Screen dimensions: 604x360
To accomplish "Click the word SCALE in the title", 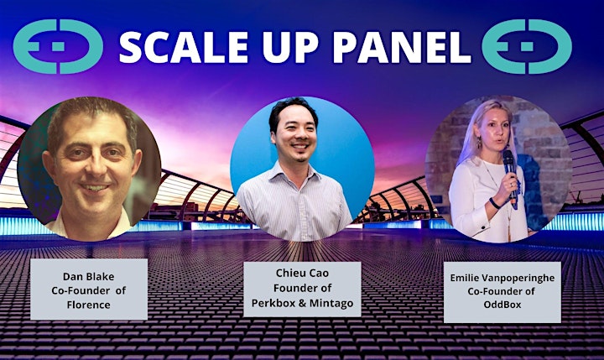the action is click(x=184, y=47).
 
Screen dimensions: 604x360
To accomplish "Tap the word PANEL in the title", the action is click(x=402, y=47).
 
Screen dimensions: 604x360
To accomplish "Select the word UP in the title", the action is click(x=291, y=47).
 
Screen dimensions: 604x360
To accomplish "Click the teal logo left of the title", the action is click(x=58, y=47).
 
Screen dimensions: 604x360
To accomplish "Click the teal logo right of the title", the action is click(x=527, y=47).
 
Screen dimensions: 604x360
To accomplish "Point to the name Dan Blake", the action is click(x=89, y=276).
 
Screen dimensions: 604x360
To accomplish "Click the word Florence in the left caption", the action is click(x=89, y=305).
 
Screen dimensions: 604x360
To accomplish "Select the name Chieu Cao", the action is click(x=302, y=273).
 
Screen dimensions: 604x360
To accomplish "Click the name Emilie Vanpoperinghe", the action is click(x=502, y=278).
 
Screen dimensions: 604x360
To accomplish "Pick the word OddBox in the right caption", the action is click(x=502, y=305).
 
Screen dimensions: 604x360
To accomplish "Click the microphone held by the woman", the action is click(x=510, y=175).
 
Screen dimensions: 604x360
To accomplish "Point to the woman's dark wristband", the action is click(x=495, y=203).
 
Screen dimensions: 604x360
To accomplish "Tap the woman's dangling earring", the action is click(x=479, y=143).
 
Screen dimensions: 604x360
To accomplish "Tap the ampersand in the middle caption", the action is click(x=302, y=303).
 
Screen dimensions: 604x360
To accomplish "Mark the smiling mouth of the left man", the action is click(x=95, y=188).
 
